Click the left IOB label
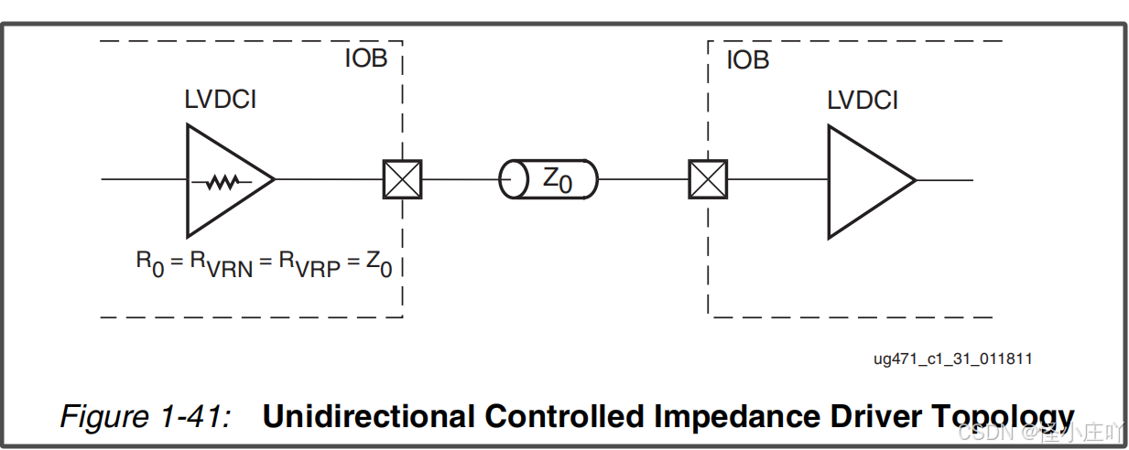pyautogui.click(x=365, y=59)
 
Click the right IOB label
pyautogui.click(x=747, y=61)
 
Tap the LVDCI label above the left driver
pyautogui.click(x=221, y=100)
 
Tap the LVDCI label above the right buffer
pyautogui.click(x=863, y=100)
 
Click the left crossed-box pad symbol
pyautogui.click(x=402, y=179)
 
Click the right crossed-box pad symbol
pyautogui.click(x=708, y=179)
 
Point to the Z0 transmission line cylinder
pyautogui.click(x=548, y=179)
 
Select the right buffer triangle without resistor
pyautogui.click(x=866, y=181)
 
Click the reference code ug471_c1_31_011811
pyautogui.click(x=952, y=359)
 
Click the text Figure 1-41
pyautogui.click(x=145, y=416)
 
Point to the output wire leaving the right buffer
pyautogui.click(x=944, y=179)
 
